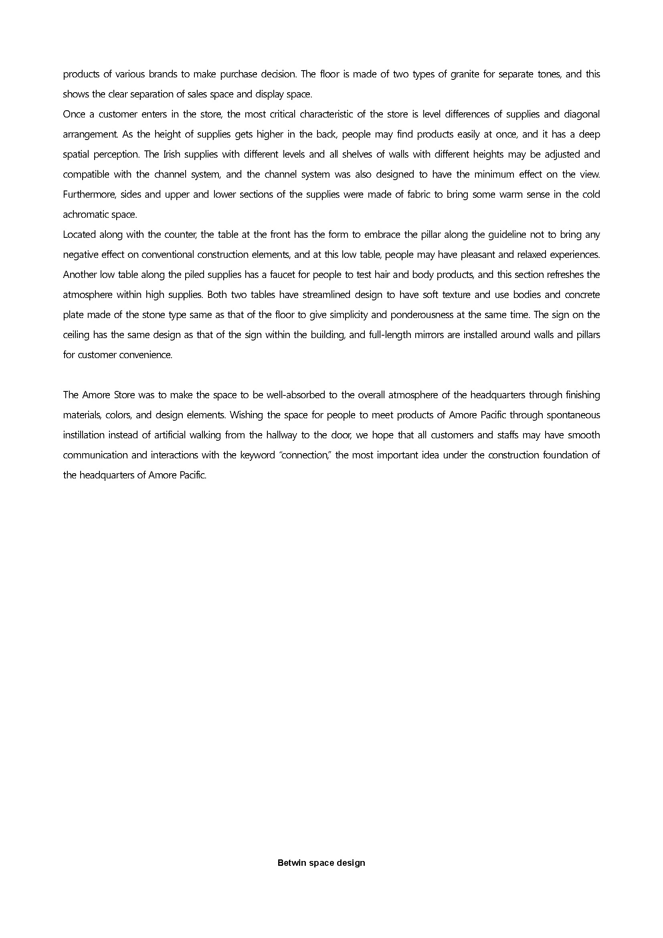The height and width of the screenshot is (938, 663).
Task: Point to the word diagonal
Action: click(x=582, y=114)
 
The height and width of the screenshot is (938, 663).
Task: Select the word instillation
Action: click(x=84, y=435)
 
